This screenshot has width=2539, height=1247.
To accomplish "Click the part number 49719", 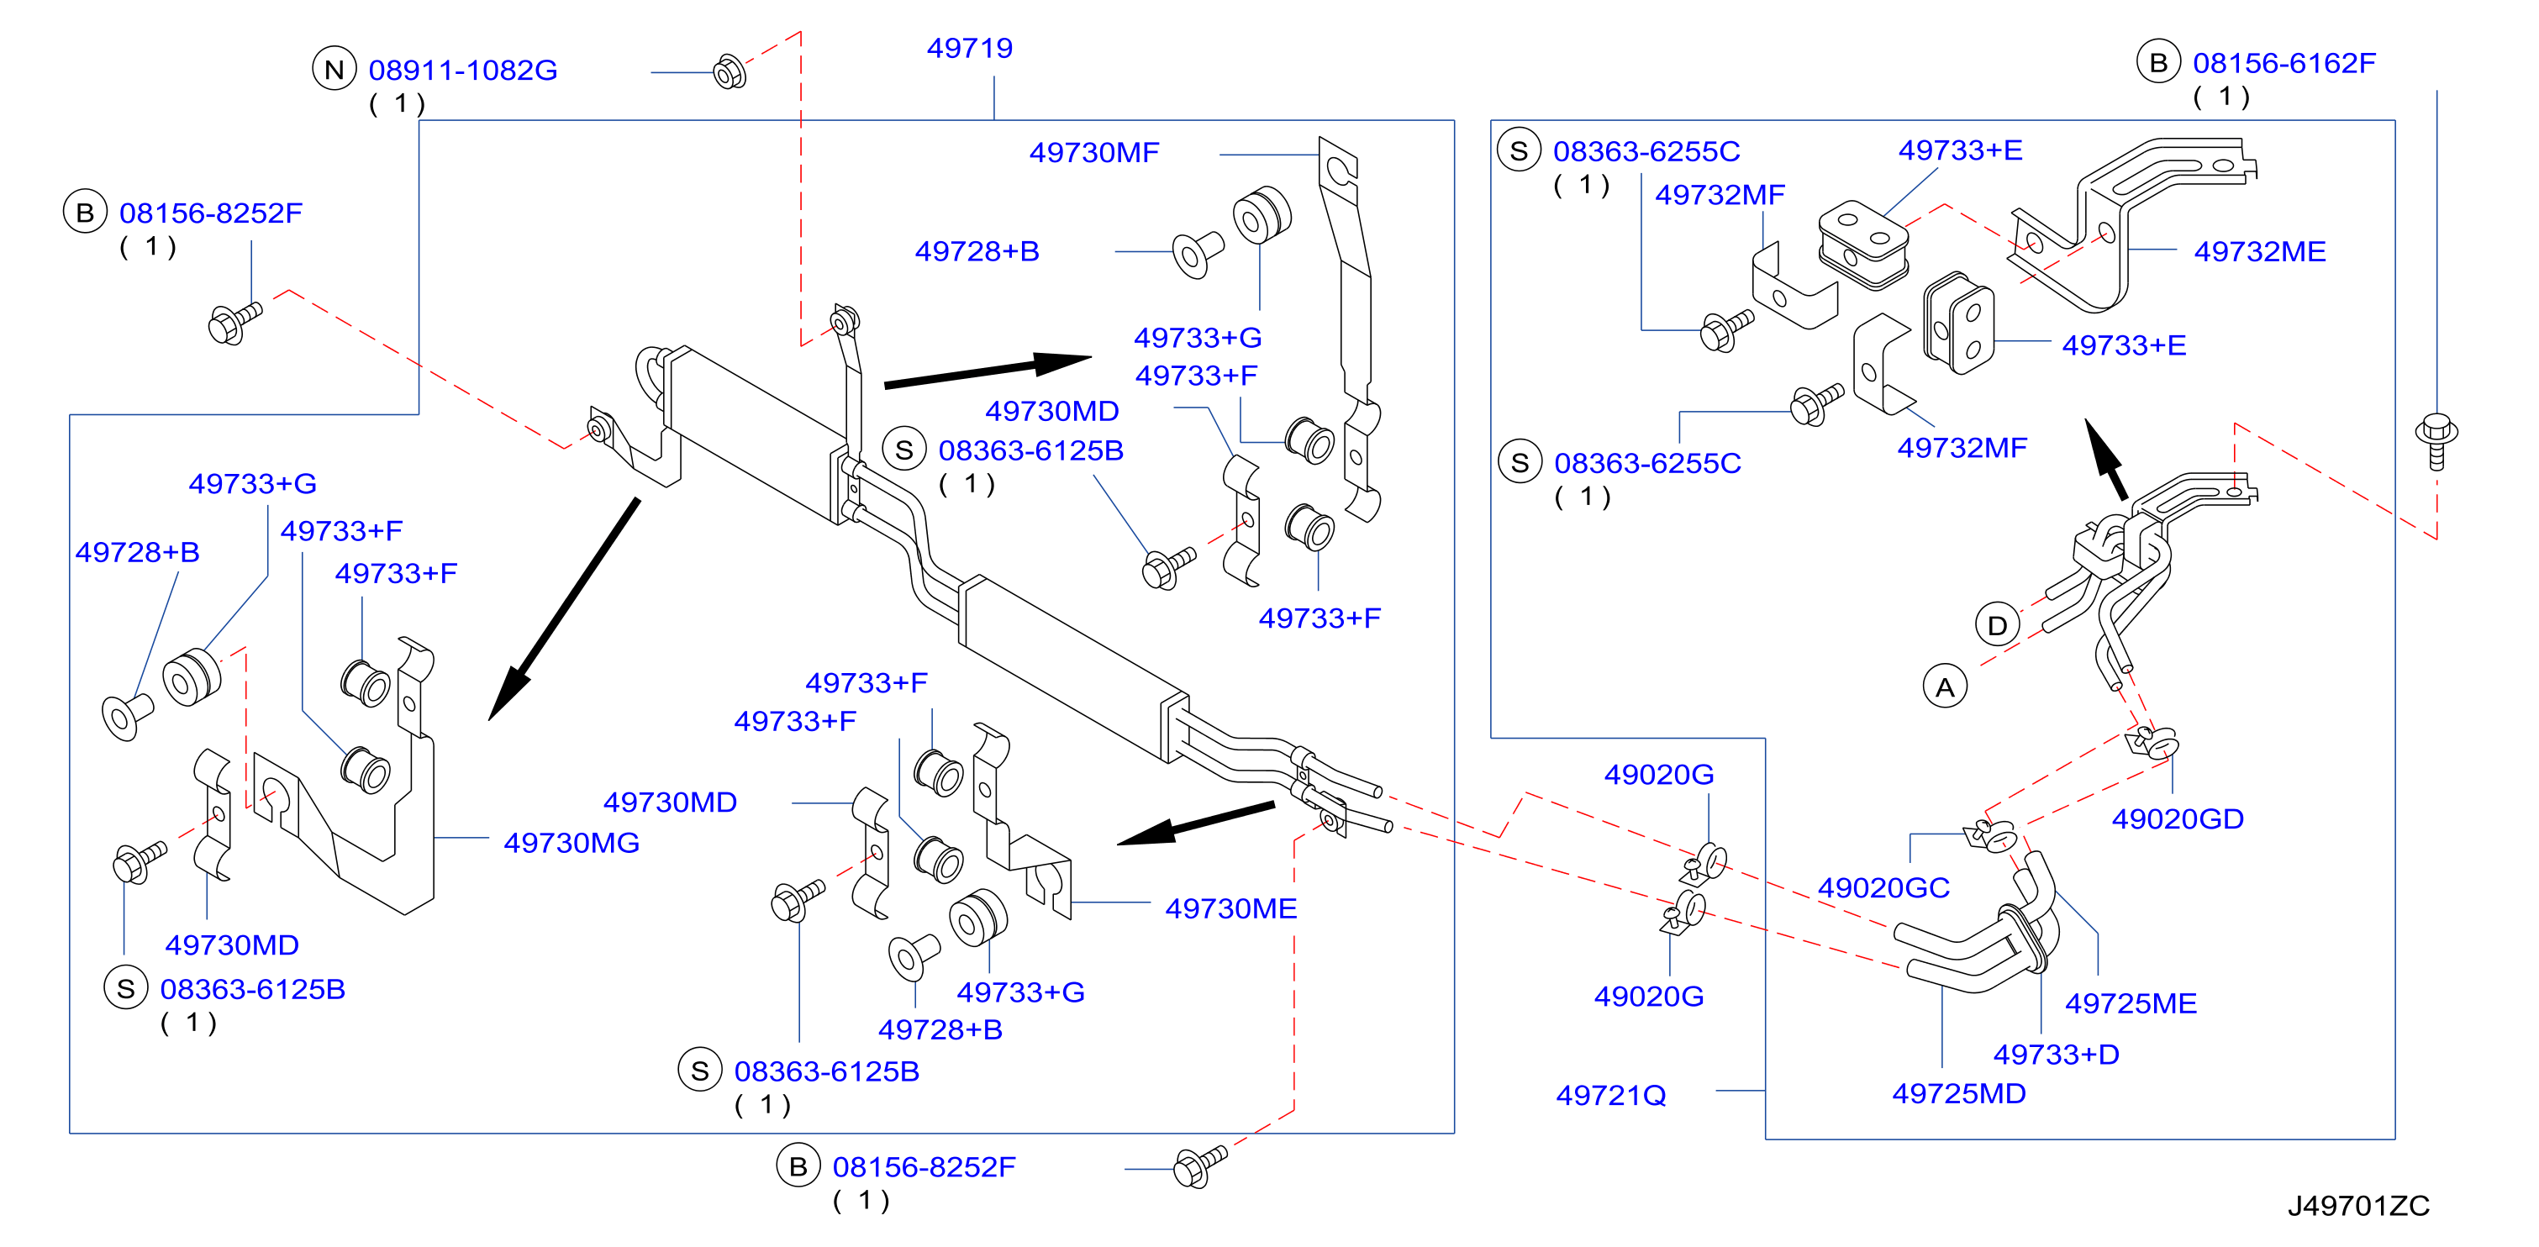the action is point(969,47).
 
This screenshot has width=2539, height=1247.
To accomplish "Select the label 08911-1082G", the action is point(462,70).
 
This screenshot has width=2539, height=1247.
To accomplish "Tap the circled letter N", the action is point(334,69).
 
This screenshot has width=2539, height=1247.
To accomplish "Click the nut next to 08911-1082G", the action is point(730,71).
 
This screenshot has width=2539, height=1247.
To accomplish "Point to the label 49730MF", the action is point(1094,153).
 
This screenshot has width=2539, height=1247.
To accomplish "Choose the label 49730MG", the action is point(571,843).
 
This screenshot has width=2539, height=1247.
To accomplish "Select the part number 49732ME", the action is point(2259,251).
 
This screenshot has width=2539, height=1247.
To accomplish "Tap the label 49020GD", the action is point(2178,818).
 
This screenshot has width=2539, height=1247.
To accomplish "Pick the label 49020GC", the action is point(1883,887).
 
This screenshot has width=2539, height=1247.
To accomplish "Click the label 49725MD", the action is point(1958,1093).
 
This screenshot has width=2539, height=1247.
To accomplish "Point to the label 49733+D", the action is point(2056,1054).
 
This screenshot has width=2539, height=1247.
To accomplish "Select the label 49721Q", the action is point(1610,1095).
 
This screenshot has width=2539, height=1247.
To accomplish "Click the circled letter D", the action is point(1997,625).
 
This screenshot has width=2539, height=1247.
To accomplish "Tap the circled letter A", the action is point(1945,687).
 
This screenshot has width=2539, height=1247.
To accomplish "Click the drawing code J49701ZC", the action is point(2357,1206).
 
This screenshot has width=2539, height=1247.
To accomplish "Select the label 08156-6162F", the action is point(2284,63).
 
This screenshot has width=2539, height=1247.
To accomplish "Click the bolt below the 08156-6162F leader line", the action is point(2436,442).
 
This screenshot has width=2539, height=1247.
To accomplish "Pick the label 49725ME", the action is point(2131,1002).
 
